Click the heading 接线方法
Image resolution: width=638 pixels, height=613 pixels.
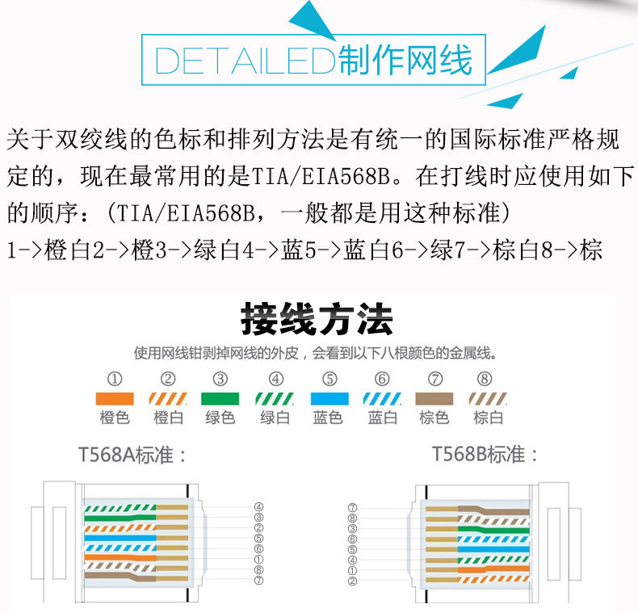[317, 321]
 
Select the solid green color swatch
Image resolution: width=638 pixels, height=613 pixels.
[220, 398]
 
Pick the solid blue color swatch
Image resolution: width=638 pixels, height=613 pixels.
[329, 398]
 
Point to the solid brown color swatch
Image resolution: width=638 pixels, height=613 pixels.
[434, 398]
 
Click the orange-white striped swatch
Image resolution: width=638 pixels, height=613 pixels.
[168, 398]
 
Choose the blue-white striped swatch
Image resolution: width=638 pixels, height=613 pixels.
[381, 398]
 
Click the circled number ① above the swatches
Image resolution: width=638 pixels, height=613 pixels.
[115, 378]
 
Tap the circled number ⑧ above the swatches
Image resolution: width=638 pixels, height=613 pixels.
[485, 378]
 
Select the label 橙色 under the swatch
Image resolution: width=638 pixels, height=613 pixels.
[115, 418]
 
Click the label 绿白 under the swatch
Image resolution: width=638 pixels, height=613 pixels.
[275, 418]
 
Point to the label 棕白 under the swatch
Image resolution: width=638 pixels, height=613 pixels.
[488, 418]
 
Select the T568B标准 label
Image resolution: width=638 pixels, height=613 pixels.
[485, 454]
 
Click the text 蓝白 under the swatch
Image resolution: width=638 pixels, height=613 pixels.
[382, 418]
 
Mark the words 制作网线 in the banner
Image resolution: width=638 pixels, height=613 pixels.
[405, 61]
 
